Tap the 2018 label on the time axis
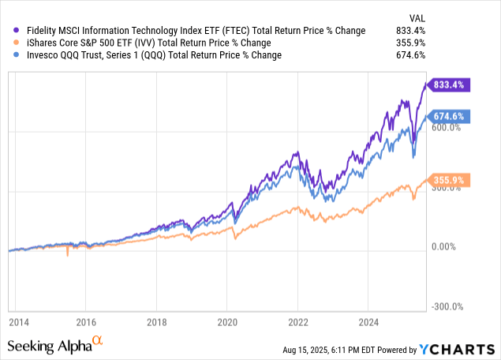click(x=156, y=322)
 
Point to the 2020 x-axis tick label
click(x=226, y=322)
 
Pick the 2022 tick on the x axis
click(x=297, y=322)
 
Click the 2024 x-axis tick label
click(x=368, y=322)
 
